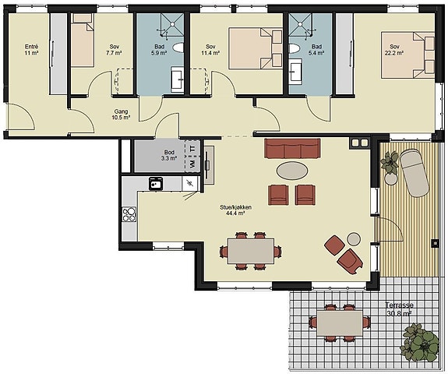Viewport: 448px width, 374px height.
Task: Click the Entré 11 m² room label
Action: coord(31,49)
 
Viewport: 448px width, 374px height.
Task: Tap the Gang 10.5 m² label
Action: coord(121,114)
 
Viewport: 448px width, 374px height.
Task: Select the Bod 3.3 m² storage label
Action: coord(169,155)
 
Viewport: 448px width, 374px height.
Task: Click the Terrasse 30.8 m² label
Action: coord(399,309)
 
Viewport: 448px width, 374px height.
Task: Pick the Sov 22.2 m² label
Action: coord(394,49)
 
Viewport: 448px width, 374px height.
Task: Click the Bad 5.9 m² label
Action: coord(159,49)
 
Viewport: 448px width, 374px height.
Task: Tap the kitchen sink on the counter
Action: coord(156,183)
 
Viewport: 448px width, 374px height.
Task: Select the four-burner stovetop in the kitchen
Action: coord(129,214)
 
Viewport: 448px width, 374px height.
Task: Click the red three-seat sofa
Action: coord(292,148)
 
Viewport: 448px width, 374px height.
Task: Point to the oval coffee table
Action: coord(292,171)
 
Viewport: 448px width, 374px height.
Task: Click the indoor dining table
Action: coord(251,251)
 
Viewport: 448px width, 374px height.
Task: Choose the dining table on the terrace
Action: coord(340,323)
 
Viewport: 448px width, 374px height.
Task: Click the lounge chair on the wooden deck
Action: coord(414,172)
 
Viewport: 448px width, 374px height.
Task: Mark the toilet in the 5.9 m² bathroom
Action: coord(178,48)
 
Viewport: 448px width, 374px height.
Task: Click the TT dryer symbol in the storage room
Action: coord(192,148)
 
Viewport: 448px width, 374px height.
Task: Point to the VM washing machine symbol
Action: coord(192,164)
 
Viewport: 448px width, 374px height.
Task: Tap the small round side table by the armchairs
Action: coord(354,239)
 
